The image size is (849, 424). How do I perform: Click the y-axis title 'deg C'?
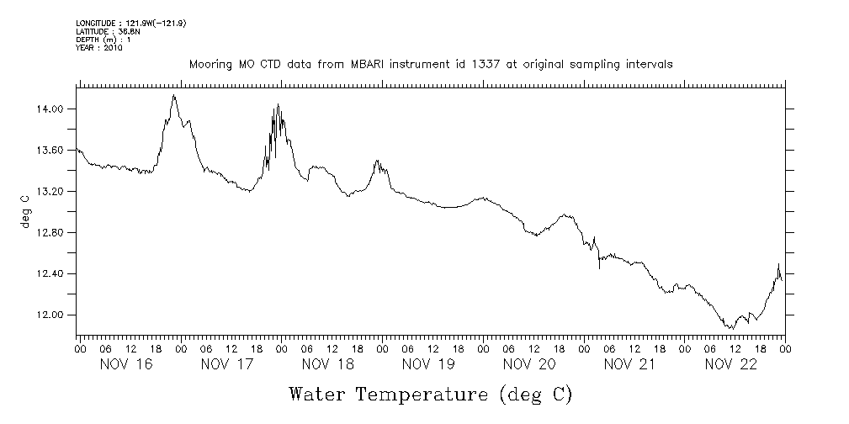coord(25,211)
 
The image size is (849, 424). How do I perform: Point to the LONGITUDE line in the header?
coord(130,24)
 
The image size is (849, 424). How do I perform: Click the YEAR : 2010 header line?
coord(99,49)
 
